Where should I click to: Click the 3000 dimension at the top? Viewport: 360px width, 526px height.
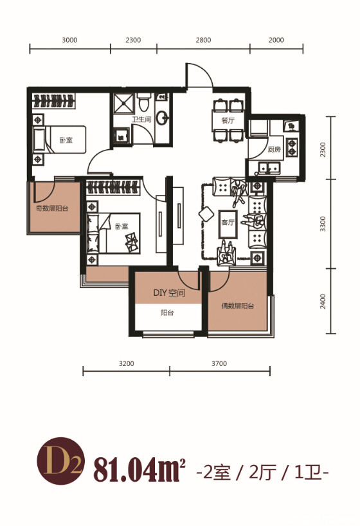click(x=69, y=41)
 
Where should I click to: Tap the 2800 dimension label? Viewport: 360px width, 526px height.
click(x=203, y=41)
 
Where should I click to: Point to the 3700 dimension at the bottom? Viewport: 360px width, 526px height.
click(x=219, y=364)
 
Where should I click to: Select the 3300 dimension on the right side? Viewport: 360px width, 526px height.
click(x=323, y=224)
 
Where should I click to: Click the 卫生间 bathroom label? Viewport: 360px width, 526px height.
click(x=141, y=120)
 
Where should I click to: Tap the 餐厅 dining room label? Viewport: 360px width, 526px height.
click(x=228, y=121)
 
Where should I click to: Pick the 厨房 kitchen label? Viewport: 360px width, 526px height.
click(x=274, y=149)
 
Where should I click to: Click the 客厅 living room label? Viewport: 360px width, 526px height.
click(x=228, y=222)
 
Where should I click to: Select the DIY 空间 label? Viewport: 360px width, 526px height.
click(x=169, y=293)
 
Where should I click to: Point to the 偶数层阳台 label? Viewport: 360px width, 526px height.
click(x=238, y=306)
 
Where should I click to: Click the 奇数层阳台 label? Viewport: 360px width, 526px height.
click(x=52, y=208)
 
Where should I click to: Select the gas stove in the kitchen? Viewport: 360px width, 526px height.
click(x=292, y=148)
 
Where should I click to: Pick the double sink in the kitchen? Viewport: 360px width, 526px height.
click(x=269, y=167)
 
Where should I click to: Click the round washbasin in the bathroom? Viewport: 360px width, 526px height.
click(x=163, y=118)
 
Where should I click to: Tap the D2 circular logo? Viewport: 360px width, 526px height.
click(x=60, y=461)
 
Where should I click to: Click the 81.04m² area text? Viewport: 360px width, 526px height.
click(x=140, y=468)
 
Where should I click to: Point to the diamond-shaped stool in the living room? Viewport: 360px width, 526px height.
click(x=206, y=214)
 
